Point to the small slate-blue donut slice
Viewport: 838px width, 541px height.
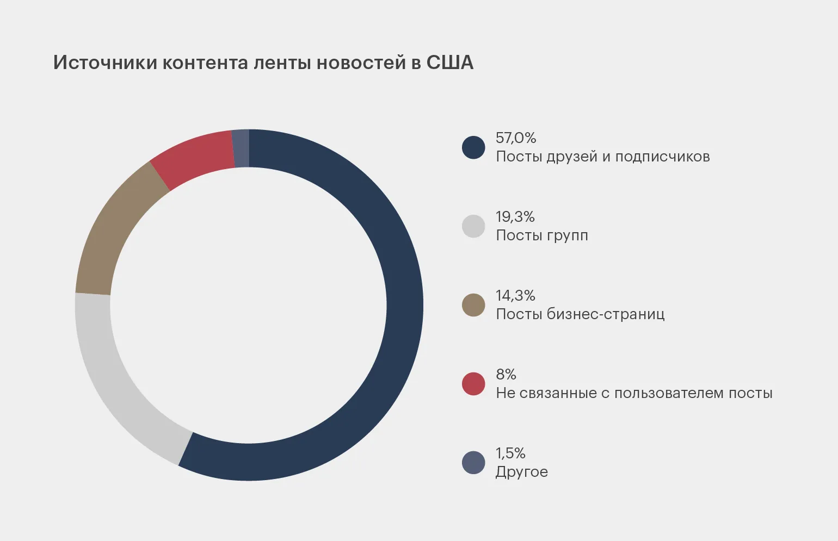click(x=241, y=148)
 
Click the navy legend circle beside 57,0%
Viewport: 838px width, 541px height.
click(x=473, y=147)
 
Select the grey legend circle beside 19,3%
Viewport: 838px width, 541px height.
click(x=473, y=226)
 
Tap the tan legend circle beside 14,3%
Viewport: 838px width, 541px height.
click(x=473, y=305)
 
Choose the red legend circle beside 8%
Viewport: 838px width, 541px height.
click(x=473, y=384)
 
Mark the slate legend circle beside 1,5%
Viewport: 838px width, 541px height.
click(x=473, y=463)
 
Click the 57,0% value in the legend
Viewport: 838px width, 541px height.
click(x=516, y=138)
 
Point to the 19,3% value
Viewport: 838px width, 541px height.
click(x=515, y=217)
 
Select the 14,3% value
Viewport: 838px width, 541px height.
click(x=515, y=296)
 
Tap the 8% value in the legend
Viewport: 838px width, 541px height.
click(x=506, y=375)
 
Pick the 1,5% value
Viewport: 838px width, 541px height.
click(x=510, y=453)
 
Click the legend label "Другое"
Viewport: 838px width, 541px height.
click(x=521, y=472)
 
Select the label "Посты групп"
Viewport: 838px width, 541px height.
click(x=542, y=235)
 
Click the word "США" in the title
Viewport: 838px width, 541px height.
click(x=449, y=63)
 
